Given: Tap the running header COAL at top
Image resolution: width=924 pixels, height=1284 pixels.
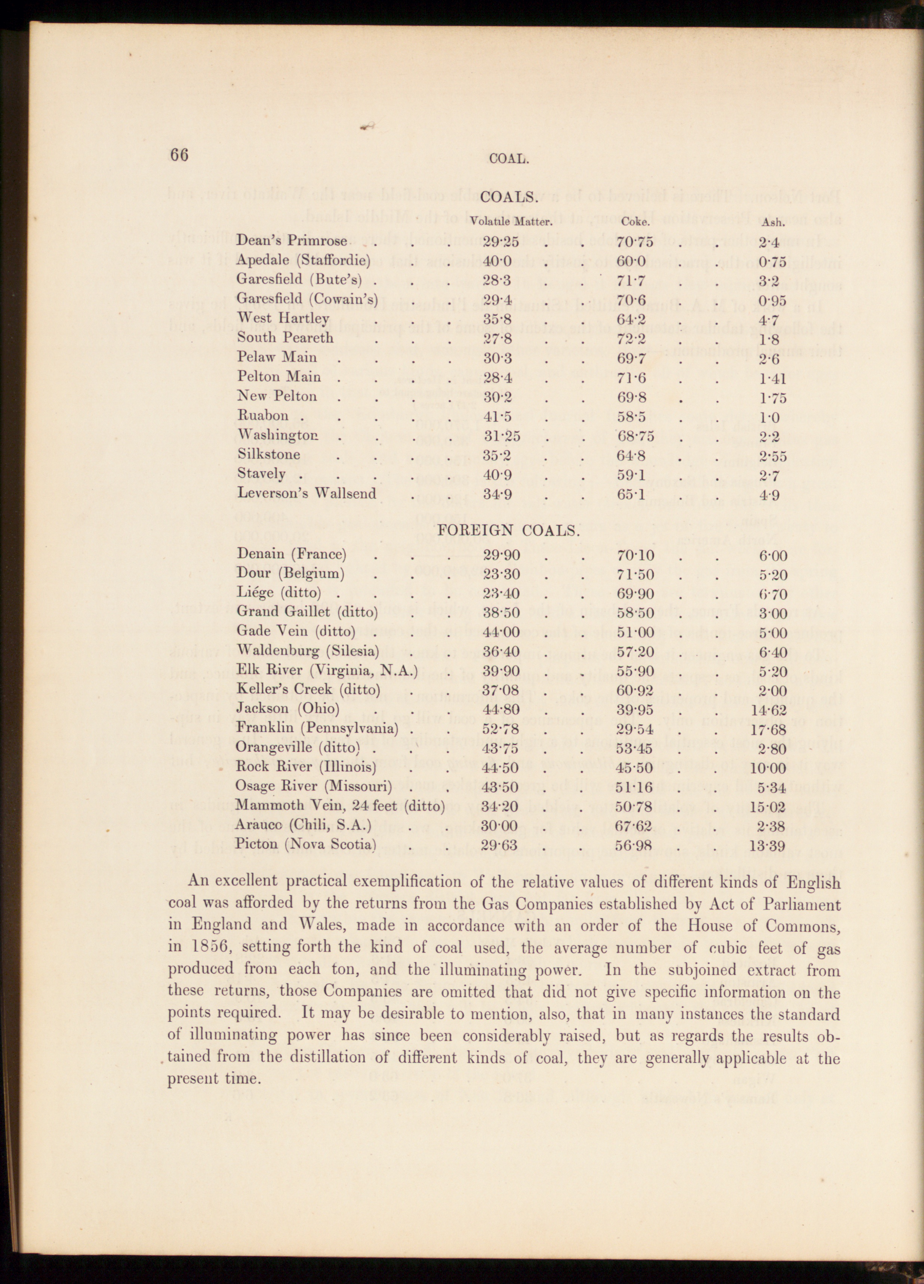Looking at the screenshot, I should pyautogui.click(x=509, y=158).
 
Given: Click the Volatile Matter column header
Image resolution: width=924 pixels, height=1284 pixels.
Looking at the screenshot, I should pyautogui.click(x=511, y=222).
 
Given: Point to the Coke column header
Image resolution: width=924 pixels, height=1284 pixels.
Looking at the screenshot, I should pyautogui.click(x=635, y=222).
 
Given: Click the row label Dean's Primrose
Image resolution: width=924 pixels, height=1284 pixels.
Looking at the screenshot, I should pyautogui.click(x=292, y=241).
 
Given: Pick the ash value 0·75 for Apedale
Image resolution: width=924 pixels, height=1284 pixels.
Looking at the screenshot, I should pyautogui.click(x=773, y=261).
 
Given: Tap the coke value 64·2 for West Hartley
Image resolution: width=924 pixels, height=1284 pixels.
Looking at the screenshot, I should pyautogui.click(x=631, y=319).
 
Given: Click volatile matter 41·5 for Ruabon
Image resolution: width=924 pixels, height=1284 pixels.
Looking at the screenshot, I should pyautogui.click(x=498, y=417).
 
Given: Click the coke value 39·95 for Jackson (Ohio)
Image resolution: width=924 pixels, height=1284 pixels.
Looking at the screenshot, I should pyautogui.click(x=635, y=709).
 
